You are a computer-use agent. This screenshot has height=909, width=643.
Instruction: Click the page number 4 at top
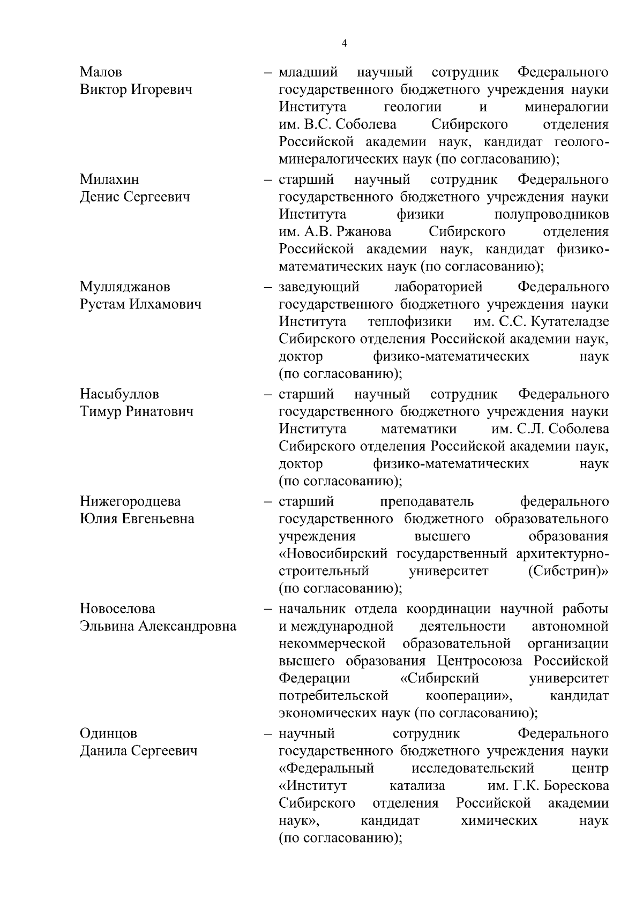(344, 44)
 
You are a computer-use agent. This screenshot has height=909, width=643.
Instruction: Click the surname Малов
(101, 72)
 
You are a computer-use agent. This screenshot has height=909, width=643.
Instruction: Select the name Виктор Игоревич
(136, 89)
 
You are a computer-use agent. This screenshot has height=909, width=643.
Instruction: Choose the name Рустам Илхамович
(140, 304)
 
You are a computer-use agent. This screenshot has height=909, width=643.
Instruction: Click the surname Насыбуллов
(119, 394)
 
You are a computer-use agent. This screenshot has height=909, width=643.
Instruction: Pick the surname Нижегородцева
(130, 501)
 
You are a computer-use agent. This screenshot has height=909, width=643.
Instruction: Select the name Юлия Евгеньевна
(137, 519)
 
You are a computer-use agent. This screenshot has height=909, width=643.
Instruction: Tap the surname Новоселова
(117, 609)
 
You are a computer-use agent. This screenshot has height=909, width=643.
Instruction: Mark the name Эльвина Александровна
(158, 626)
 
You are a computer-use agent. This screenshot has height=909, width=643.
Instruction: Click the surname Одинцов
(108, 733)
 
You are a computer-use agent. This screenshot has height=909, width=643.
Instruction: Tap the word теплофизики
(409, 322)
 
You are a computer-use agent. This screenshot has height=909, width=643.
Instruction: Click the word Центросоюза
(480, 661)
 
